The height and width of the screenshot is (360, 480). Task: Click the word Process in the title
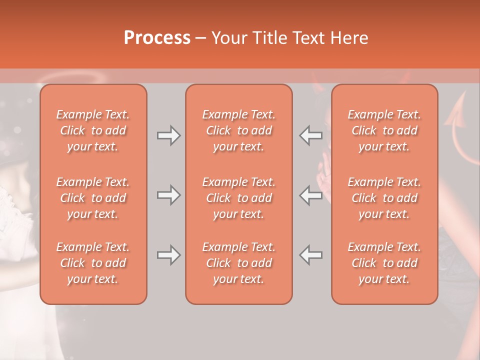tap(157, 38)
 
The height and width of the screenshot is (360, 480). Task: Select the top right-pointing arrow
tap(168, 135)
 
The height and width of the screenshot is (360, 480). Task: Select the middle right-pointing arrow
tap(168, 195)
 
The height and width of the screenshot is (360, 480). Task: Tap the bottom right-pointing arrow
tap(168, 255)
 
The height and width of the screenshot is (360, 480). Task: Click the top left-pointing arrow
tap(311, 135)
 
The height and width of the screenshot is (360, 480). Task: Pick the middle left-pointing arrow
tap(311, 195)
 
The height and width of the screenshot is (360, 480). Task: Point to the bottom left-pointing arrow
tap(311, 255)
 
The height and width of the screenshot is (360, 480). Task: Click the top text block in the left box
tap(93, 130)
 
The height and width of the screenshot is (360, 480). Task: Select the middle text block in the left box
tap(93, 198)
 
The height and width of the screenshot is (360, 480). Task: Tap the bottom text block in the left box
tap(93, 263)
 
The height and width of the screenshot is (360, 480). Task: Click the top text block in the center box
tap(239, 130)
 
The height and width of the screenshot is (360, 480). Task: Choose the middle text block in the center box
tap(239, 198)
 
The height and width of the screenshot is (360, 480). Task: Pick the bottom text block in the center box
tap(239, 263)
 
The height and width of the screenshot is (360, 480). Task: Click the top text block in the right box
tap(384, 130)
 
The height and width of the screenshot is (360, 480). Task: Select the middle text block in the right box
tap(384, 198)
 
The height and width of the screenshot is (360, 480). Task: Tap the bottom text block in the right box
tap(384, 263)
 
